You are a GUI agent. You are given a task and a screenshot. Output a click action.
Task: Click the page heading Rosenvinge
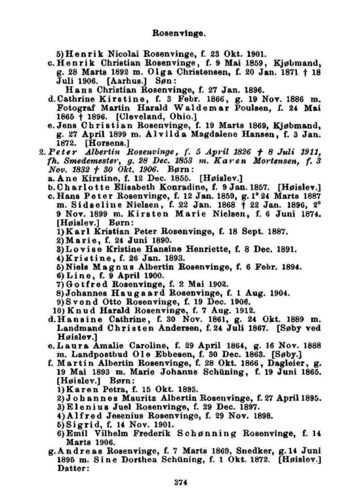[x=180, y=31]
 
